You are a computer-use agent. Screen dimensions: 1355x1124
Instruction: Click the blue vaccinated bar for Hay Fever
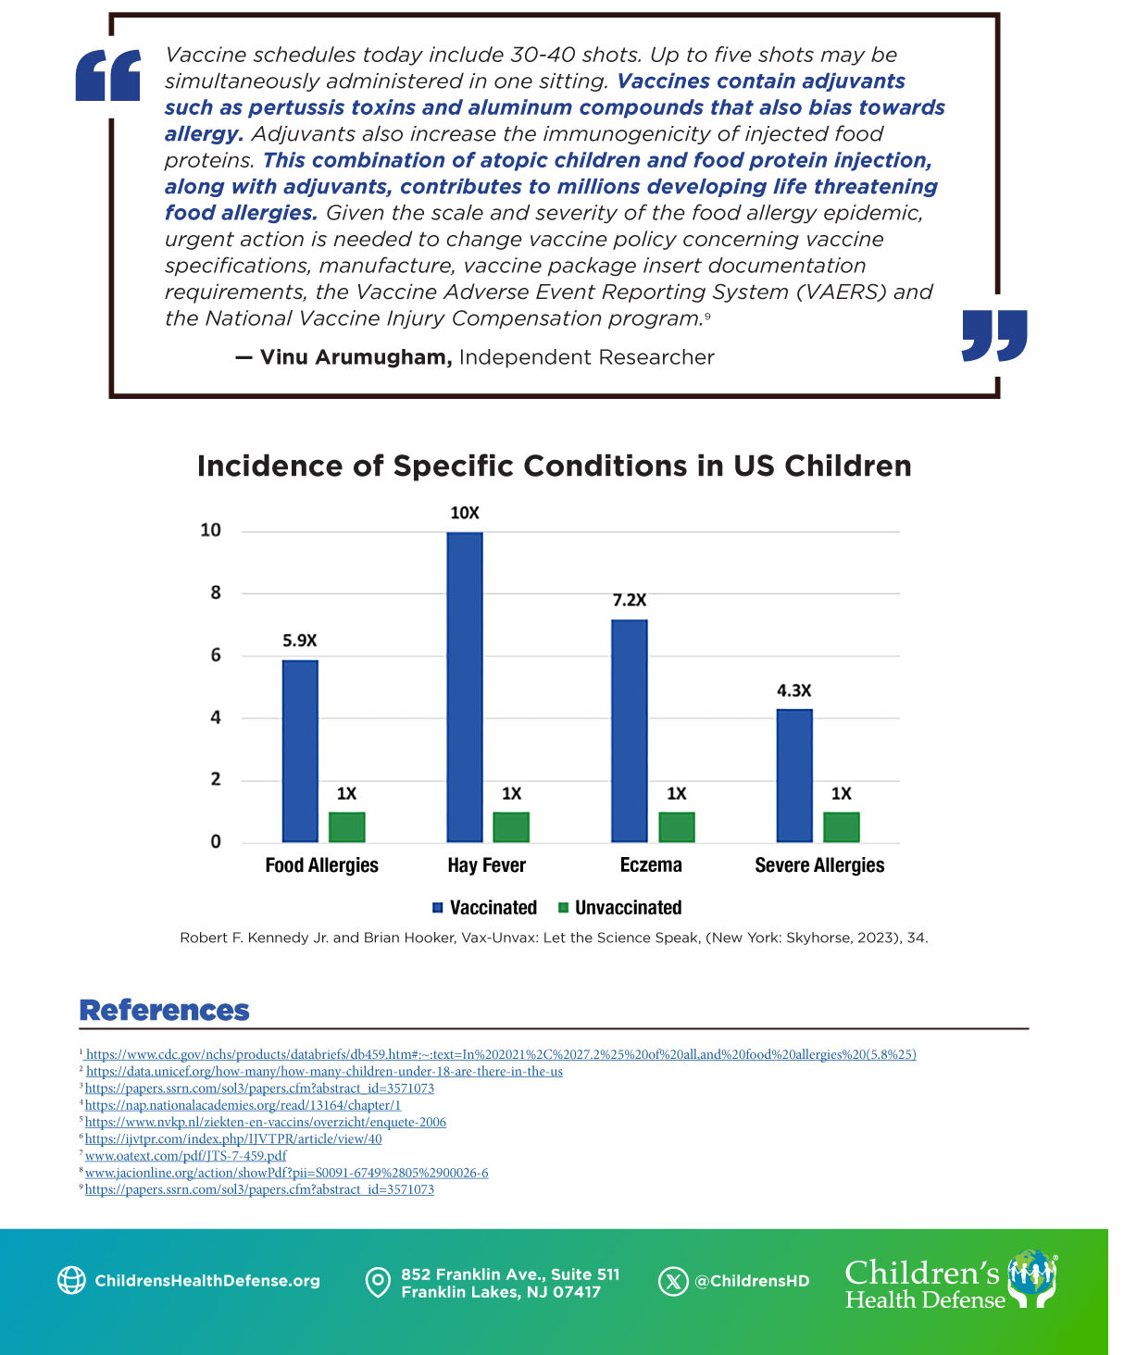(465, 687)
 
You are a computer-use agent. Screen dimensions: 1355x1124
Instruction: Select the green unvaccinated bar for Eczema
(676, 827)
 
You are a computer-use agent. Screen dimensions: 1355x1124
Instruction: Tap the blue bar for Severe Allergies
(794, 776)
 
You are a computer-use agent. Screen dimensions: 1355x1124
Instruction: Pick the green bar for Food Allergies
(346, 827)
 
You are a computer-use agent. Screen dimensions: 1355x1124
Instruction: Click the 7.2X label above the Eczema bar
(630, 600)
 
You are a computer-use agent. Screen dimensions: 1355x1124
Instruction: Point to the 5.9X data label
(300, 640)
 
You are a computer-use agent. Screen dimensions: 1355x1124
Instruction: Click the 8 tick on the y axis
(216, 592)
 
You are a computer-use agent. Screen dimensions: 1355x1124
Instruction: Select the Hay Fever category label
(486, 865)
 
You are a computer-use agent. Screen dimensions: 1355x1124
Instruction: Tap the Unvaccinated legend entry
(628, 908)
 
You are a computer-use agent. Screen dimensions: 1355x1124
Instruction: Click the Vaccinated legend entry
(493, 908)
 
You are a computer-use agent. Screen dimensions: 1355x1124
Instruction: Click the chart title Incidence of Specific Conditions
(554, 466)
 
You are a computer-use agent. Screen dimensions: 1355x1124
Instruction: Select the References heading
(165, 1010)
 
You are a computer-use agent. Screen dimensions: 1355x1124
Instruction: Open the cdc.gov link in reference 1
(500, 1054)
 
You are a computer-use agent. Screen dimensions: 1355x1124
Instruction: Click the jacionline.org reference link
(286, 1173)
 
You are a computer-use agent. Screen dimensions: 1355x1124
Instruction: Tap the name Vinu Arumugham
(356, 357)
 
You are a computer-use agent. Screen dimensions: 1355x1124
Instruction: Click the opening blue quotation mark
(108, 76)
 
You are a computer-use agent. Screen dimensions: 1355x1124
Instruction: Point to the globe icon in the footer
(71, 1280)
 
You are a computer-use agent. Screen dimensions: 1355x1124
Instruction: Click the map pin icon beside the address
(378, 1282)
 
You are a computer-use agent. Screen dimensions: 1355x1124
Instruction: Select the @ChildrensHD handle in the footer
(752, 1281)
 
